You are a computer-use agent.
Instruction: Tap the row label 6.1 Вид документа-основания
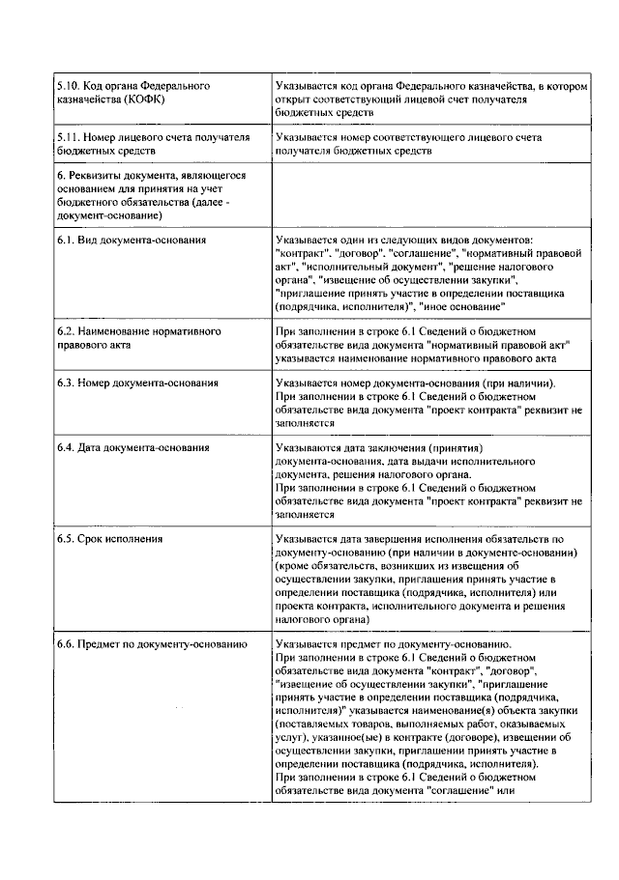131,239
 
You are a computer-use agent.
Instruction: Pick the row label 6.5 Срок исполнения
108,538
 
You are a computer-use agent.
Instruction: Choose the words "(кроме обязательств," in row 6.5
334,565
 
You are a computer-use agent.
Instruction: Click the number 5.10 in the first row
67,86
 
